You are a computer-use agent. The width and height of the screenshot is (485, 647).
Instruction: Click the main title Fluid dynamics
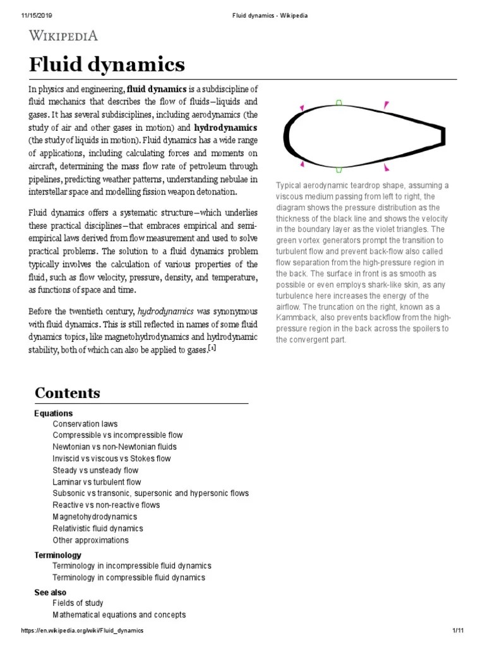107,64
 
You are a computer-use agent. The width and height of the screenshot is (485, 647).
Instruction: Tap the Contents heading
67,393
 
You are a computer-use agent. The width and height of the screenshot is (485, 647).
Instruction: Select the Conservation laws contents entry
85,424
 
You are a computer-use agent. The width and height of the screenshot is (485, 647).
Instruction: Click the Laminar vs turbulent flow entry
97,482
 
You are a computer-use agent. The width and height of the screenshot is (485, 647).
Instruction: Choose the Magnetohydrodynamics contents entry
95,517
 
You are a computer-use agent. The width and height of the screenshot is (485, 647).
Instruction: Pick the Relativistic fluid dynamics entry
98,528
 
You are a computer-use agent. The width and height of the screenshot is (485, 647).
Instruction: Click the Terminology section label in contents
57,555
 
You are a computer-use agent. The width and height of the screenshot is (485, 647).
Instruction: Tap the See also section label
51,593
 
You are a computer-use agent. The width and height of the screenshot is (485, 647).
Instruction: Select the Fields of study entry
78,603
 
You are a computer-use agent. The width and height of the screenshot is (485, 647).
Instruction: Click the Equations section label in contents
53,413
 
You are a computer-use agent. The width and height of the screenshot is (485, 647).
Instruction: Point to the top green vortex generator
339,102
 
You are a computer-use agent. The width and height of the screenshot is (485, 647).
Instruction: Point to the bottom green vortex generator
339,169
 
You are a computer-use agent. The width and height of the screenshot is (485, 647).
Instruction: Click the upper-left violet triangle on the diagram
302,108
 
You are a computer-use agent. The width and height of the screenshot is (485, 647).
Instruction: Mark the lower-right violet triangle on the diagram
386,167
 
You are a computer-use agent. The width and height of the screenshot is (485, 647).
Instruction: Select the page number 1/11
458,631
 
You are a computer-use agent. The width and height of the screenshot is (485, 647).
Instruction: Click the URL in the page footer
83,631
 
